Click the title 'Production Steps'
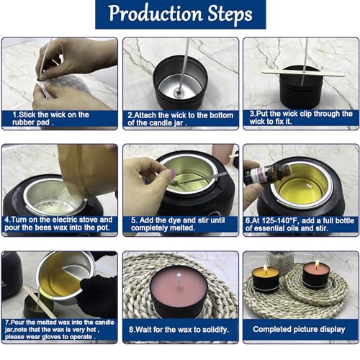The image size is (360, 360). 180,14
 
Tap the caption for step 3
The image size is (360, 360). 301,118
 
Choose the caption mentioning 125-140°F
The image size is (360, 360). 301,223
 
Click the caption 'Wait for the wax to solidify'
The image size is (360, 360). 180,329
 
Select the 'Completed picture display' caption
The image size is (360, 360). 301,329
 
